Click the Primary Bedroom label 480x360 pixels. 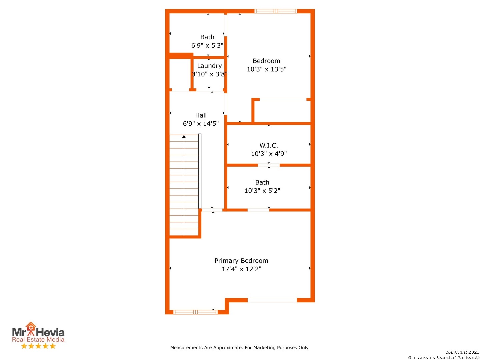(241, 261)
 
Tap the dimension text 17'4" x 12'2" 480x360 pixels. (241, 269)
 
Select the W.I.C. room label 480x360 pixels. (268, 145)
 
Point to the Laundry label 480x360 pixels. (209, 66)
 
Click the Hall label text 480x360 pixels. (201, 115)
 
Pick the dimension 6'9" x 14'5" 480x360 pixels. (201, 124)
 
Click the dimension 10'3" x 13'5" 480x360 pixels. (266, 69)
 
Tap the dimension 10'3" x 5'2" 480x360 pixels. (262, 191)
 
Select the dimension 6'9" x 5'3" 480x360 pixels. (207, 45)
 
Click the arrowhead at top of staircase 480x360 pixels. (184, 136)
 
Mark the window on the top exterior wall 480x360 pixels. (275, 11)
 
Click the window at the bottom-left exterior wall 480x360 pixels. (195, 312)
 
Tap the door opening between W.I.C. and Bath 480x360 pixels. (269, 165)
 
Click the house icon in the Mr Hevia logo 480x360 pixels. (31, 326)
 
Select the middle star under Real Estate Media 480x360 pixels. (38, 346)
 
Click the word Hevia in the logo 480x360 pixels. (50, 333)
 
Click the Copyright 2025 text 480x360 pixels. (462, 352)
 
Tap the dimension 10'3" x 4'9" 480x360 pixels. (269, 154)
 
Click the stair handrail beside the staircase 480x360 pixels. (200, 171)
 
